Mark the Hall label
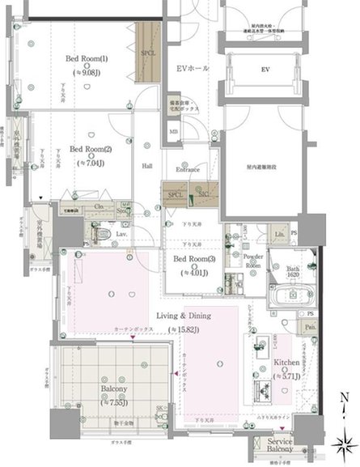click(x=148, y=166)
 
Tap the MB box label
click(x=173, y=132)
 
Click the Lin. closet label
click(x=279, y=234)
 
